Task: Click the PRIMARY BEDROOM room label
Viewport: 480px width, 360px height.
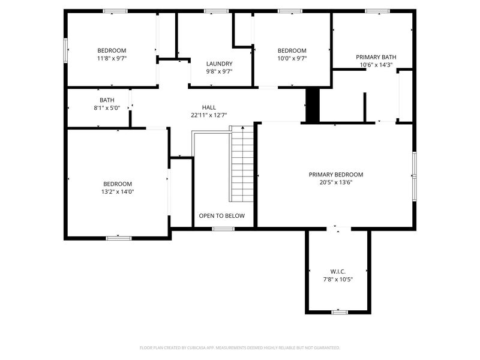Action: click(335, 175)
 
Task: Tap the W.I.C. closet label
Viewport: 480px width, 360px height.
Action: click(338, 271)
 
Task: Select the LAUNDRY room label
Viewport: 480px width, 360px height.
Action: click(219, 64)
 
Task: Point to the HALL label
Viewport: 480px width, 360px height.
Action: click(209, 107)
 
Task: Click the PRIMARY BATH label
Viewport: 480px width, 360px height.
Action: click(376, 57)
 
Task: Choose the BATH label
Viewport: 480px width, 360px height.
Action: click(107, 100)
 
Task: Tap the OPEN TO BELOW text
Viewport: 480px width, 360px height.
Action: click(221, 216)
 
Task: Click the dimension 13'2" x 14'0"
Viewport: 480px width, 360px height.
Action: click(117, 192)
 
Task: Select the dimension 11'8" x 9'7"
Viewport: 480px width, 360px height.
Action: click(112, 58)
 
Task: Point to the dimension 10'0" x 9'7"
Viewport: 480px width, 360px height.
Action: click(292, 58)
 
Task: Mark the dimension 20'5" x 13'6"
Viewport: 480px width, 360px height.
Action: click(335, 182)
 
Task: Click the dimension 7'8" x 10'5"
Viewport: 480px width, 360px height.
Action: click(338, 279)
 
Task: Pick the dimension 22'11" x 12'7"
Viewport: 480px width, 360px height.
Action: click(209, 115)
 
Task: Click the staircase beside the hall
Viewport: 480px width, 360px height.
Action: click(242, 165)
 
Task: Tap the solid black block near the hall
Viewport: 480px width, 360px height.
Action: click(312, 106)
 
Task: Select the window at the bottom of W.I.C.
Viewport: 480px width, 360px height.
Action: click(340, 312)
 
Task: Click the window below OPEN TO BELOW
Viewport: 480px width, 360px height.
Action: click(223, 229)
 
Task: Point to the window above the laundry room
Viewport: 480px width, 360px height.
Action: click(216, 11)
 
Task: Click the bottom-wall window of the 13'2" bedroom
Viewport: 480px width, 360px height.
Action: click(118, 238)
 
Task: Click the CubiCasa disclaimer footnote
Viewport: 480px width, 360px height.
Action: click(240, 347)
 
